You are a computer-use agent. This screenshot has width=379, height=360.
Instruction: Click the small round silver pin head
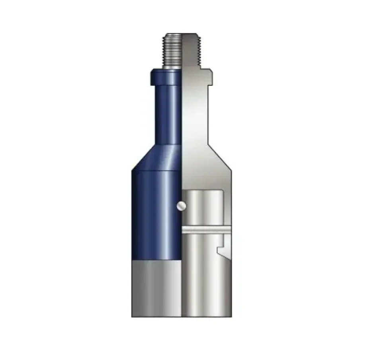tap(182, 205)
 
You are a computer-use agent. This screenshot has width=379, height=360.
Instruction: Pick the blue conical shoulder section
tap(159, 157)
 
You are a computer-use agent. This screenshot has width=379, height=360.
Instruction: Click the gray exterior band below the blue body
tap(156, 288)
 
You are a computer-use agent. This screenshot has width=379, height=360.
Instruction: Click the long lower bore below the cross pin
tap(203, 274)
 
